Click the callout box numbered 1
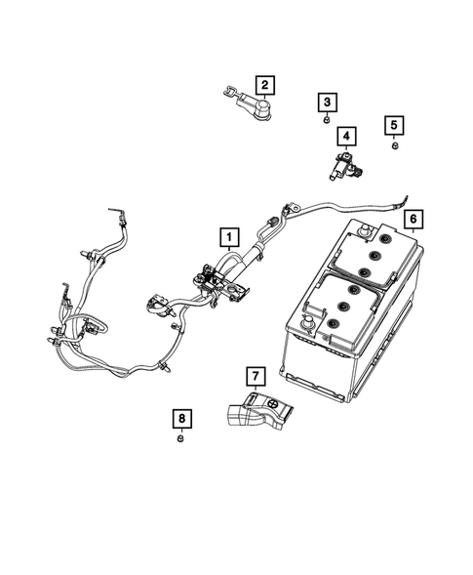[227, 236]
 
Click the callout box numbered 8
[181, 418]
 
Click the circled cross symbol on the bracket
[271, 402]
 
